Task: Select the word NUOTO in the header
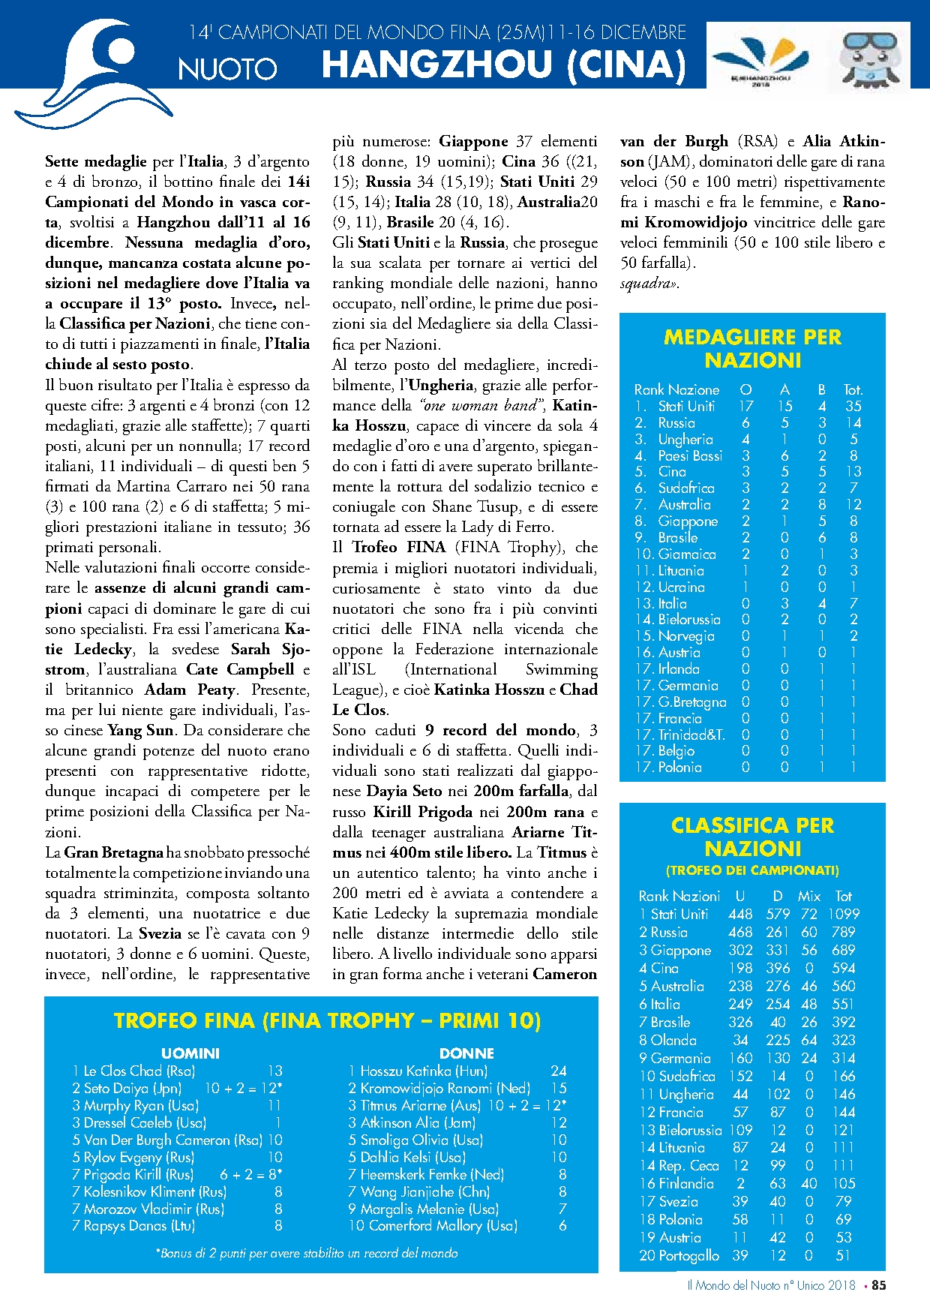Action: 227,70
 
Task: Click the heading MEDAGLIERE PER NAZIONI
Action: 752,349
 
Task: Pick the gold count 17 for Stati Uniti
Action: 745,406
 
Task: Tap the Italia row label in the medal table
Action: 672,603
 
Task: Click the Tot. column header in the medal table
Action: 853,389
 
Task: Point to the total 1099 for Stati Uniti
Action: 844,914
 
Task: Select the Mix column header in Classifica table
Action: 809,896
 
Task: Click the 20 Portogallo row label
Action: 679,1255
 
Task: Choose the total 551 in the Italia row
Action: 844,1004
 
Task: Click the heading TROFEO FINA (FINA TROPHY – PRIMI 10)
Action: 328,1020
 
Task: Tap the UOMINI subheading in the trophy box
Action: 190,1053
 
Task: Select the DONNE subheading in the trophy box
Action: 466,1053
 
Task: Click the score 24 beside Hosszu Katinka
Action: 558,1071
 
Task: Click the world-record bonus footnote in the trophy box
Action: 307,1253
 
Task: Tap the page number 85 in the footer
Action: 878,1285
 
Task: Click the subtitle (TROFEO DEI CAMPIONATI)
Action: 752,870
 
